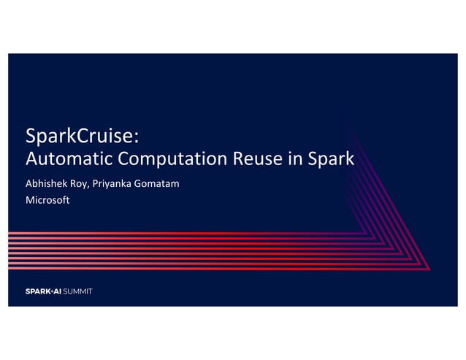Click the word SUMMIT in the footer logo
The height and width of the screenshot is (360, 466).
click(77, 291)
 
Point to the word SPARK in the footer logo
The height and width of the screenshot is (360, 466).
click(37, 291)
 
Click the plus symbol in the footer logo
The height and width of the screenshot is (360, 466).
click(50, 291)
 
